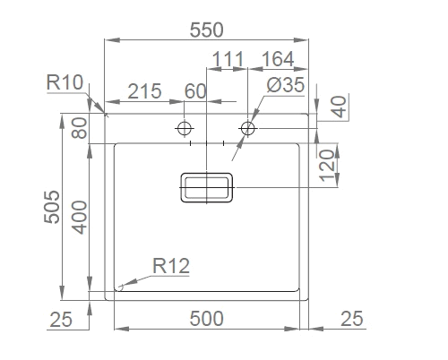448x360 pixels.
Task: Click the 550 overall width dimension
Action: pyautogui.click(x=207, y=30)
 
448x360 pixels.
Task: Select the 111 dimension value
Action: pyautogui.click(x=228, y=59)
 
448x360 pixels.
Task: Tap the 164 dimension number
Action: pyautogui.click(x=278, y=59)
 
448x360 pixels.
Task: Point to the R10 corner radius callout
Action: pyautogui.click(x=65, y=82)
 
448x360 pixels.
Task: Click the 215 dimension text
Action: pyautogui.click(x=145, y=91)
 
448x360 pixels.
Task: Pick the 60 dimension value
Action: pyautogui.click(x=195, y=91)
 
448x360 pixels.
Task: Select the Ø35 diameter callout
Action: pyautogui.click(x=286, y=85)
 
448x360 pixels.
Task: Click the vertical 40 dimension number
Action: pyautogui.click(x=340, y=107)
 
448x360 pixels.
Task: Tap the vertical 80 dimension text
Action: pyautogui.click(x=79, y=128)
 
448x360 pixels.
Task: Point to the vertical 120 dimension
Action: pyautogui.click(x=327, y=166)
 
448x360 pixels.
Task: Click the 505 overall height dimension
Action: pyautogui.click(x=52, y=207)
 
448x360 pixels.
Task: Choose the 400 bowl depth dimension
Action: pyautogui.click(x=79, y=218)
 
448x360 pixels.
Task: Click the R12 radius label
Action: pyautogui.click(x=171, y=266)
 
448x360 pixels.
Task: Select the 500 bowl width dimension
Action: pyautogui.click(x=207, y=319)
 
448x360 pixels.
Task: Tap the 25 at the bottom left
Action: pyautogui.click(x=61, y=320)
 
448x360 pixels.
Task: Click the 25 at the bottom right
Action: pyautogui.click(x=352, y=319)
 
